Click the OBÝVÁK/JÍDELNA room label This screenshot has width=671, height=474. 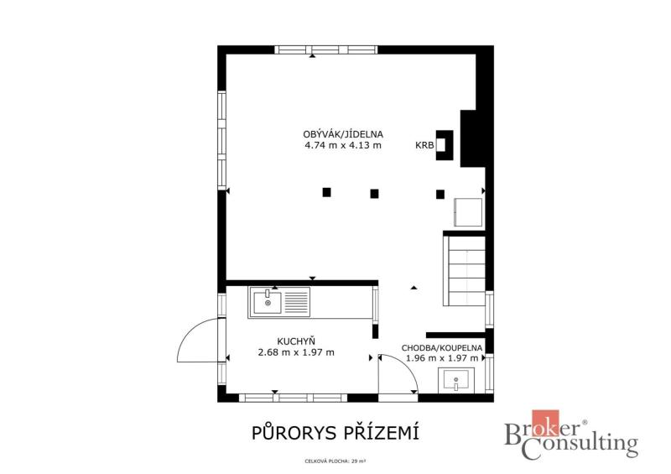click(343, 134)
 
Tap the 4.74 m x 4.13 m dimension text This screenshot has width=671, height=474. click(343, 145)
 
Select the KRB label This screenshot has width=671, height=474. click(424, 146)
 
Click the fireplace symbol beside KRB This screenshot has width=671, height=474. click(445, 145)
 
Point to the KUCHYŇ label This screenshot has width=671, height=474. click(296, 341)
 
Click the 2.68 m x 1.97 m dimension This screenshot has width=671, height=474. click(296, 352)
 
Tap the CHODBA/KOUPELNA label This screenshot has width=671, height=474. click(442, 347)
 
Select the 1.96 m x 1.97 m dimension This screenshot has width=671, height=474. click(442, 358)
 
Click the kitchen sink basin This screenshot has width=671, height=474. click(268, 302)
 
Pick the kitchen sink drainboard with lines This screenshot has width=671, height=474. click(296, 302)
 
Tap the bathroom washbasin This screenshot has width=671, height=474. click(456, 381)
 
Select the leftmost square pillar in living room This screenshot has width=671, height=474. click(326, 192)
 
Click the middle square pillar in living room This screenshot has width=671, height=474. click(374, 194)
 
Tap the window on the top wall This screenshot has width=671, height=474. click(325, 49)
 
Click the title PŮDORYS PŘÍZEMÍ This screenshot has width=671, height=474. click(335, 433)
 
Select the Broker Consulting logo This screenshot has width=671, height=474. click(571, 435)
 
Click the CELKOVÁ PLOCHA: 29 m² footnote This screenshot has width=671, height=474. click(335, 461)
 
